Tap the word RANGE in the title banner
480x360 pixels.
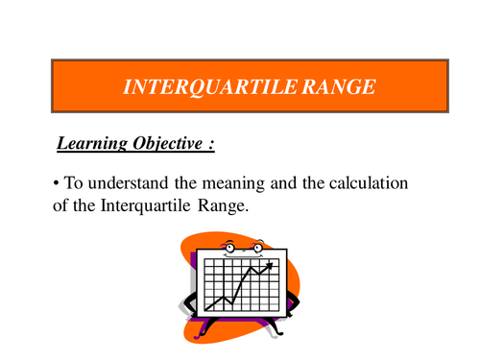point(338,86)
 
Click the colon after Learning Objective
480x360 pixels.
point(211,145)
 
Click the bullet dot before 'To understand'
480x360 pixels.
point(58,183)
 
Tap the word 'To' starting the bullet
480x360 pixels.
point(74,182)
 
